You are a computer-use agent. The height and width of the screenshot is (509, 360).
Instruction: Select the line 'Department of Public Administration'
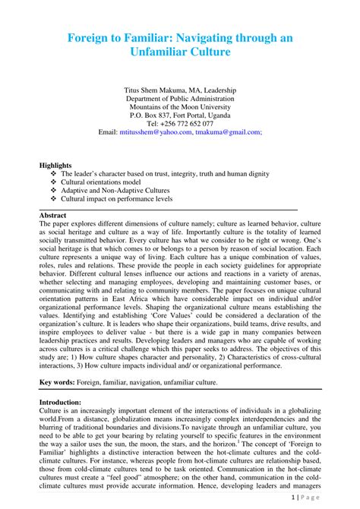[180, 100]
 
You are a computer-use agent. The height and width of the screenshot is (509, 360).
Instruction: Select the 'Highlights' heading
[55, 165]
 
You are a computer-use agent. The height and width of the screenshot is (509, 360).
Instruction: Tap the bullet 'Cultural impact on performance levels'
[122, 201]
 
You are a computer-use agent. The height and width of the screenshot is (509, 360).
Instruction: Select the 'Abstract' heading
[52, 216]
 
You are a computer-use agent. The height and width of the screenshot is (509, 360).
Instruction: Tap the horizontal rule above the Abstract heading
[167, 209]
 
